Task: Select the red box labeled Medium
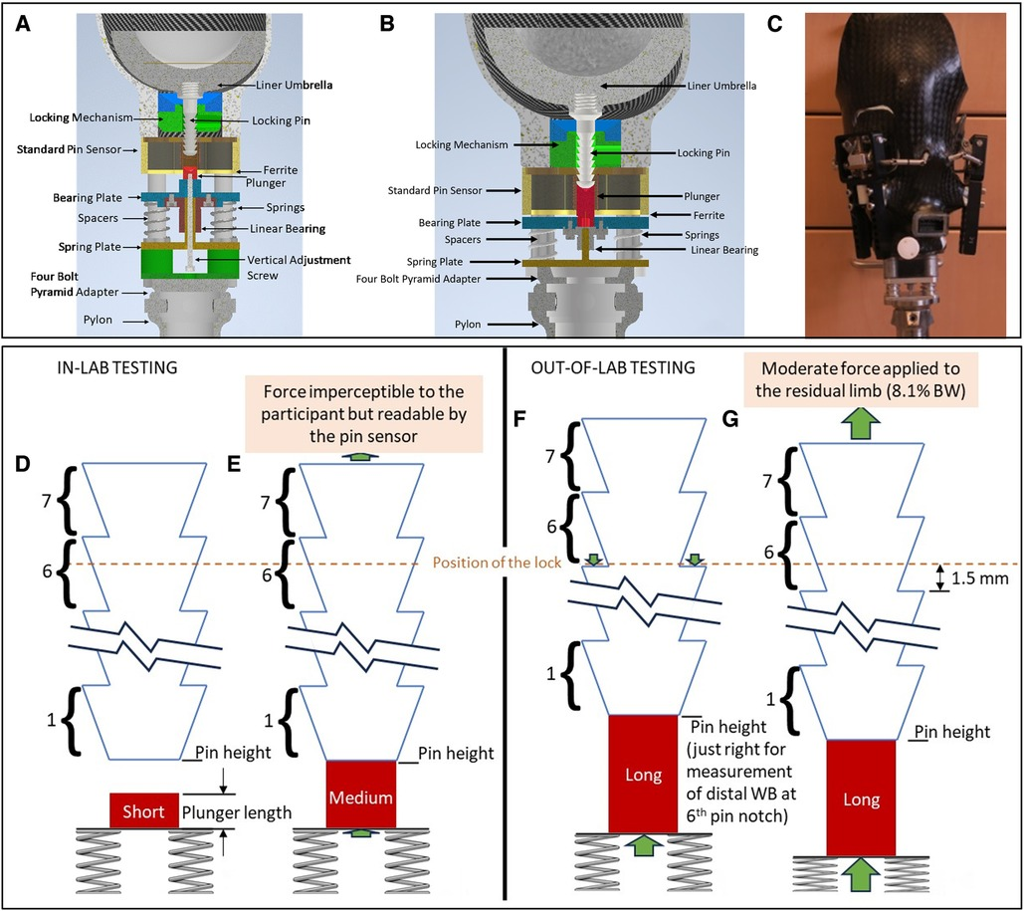(x=362, y=797)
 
